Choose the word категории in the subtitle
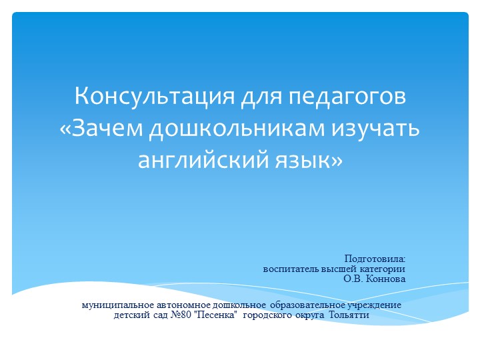point(382,269)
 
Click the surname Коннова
point(386,279)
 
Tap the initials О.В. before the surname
point(353,279)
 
